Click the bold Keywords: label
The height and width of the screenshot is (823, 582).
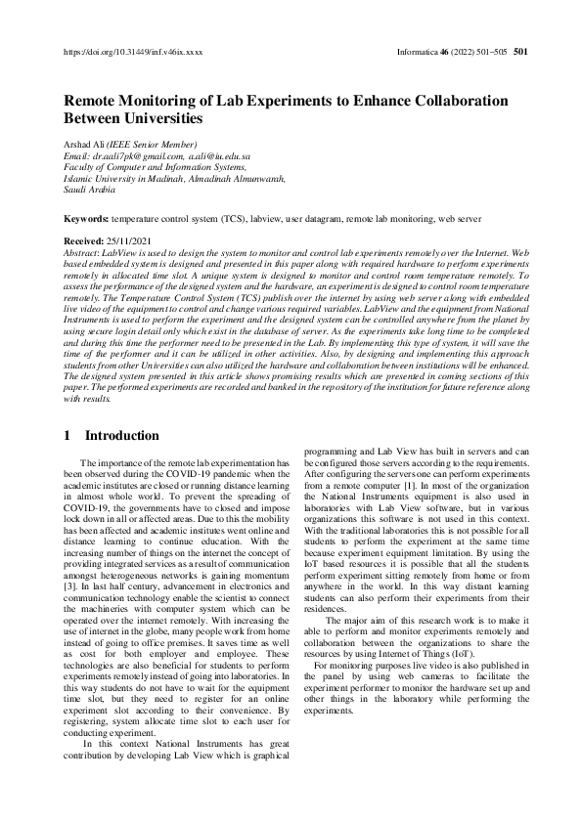click(87, 220)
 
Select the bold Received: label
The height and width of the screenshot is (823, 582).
click(86, 240)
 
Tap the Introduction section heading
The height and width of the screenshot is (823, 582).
click(121, 435)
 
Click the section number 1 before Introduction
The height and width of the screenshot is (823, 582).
click(67, 435)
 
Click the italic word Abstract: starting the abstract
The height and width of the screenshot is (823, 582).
click(84, 251)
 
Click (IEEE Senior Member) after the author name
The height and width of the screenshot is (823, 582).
click(157, 144)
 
